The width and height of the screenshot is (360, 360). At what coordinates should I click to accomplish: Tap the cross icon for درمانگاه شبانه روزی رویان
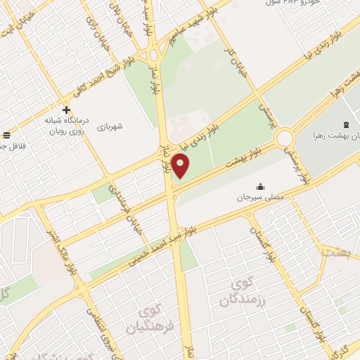(x=66, y=110)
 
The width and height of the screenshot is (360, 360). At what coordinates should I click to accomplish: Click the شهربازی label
(x=111, y=127)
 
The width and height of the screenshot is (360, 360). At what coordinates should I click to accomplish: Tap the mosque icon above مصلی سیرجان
(x=262, y=187)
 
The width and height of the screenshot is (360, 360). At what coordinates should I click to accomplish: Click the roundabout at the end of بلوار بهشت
(x=285, y=138)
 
